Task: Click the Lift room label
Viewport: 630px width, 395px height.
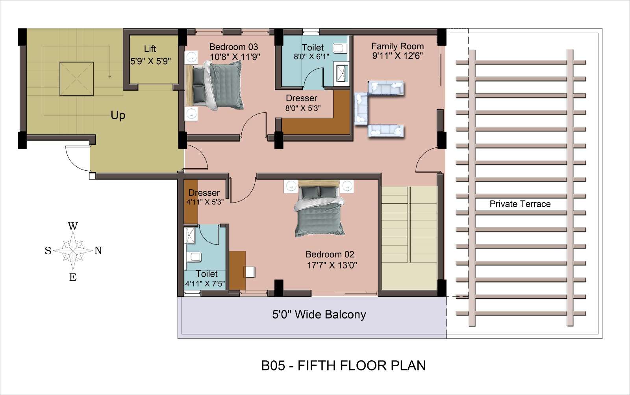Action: tap(150, 49)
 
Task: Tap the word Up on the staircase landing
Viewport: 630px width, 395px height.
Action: tap(118, 116)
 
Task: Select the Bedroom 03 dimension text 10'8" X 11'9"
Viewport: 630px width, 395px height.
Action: tap(235, 57)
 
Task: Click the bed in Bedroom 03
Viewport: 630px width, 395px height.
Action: tap(214, 85)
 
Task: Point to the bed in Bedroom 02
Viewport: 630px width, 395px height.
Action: tap(319, 209)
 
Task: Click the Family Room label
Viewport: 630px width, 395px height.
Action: tap(397, 46)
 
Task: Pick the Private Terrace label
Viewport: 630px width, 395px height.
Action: tap(520, 204)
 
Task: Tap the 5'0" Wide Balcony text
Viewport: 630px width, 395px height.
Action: tap(319, 315)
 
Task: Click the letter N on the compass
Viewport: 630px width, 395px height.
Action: tap(98, 250)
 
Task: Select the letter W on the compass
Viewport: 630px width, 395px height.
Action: tap(73, 226)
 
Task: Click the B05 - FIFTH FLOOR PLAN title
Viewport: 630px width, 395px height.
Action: tap(343, 365)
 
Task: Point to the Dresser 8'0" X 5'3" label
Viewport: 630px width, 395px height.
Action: tap(302, 103)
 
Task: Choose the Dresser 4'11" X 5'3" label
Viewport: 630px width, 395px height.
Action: tap(205, 197)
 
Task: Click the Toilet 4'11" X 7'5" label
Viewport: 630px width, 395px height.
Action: tap(205, 278)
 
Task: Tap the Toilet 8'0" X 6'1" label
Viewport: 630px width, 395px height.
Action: tap(311, 52)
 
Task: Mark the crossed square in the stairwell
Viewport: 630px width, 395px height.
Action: tap(76, 79)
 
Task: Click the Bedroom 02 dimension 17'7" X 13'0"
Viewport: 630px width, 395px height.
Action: tap(332, 265)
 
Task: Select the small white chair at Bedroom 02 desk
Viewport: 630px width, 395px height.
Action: tap(250, 272)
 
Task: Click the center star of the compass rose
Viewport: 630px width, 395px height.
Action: tap(73, 250)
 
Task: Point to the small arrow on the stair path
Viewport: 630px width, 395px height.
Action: tap(110, 76)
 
